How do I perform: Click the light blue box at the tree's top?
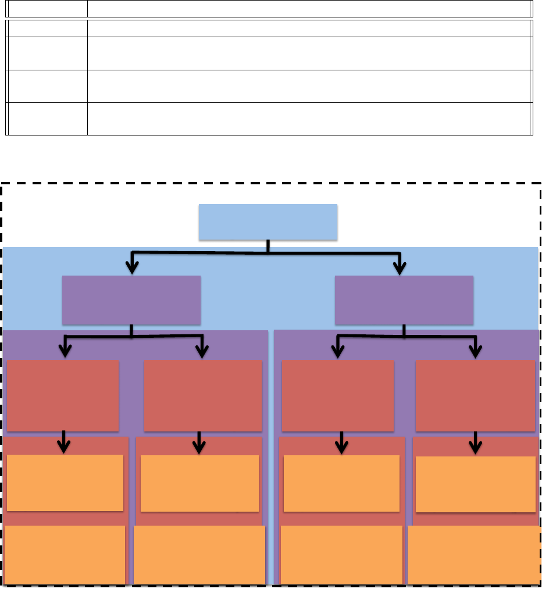click(x=268, y=222)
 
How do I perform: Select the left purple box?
click(x=131, y=300)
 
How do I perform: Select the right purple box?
click(x=404, y=300)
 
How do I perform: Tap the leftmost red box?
click(x=63, y=395)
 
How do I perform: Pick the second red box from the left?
click(x=202, y=395)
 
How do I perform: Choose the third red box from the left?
click(x=337, y=395)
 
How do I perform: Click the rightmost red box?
click(x=475, y=395)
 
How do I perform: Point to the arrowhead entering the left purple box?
click(x=133, y=267)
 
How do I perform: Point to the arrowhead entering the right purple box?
click(x=400, y=267)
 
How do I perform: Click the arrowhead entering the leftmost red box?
click(x=65, y=351)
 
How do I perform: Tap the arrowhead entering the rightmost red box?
click(x=476, y=351)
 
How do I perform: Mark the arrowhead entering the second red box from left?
click(x=202, y=351)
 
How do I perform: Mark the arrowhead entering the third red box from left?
click(x=337, y=351)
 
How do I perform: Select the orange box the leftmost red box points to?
click(x=65, y=483)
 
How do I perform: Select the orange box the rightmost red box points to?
click(x=476, y=484)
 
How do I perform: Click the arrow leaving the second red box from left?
click(x=199, y=443)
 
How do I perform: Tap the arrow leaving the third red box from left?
click(x=342, y=443)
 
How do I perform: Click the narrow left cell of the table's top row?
click(x=47, y=8)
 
